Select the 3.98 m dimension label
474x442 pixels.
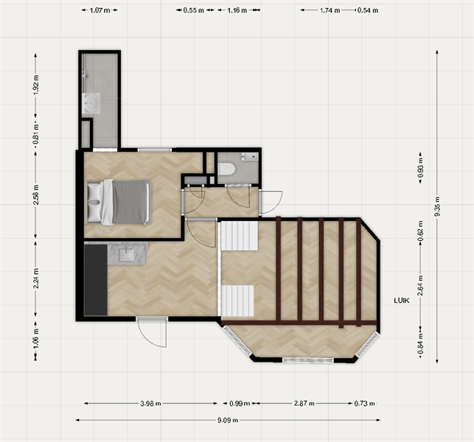point(151,404)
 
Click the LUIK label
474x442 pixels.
point(402,299)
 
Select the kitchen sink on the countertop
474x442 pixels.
point(125,255)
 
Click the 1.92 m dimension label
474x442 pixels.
point(35,83)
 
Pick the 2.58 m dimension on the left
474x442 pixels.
point(35,197)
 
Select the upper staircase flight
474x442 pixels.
point(240,236)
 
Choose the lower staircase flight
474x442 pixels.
point(237,301)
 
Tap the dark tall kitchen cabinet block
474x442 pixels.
point(95,280)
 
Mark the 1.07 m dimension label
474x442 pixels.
point(100,11)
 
